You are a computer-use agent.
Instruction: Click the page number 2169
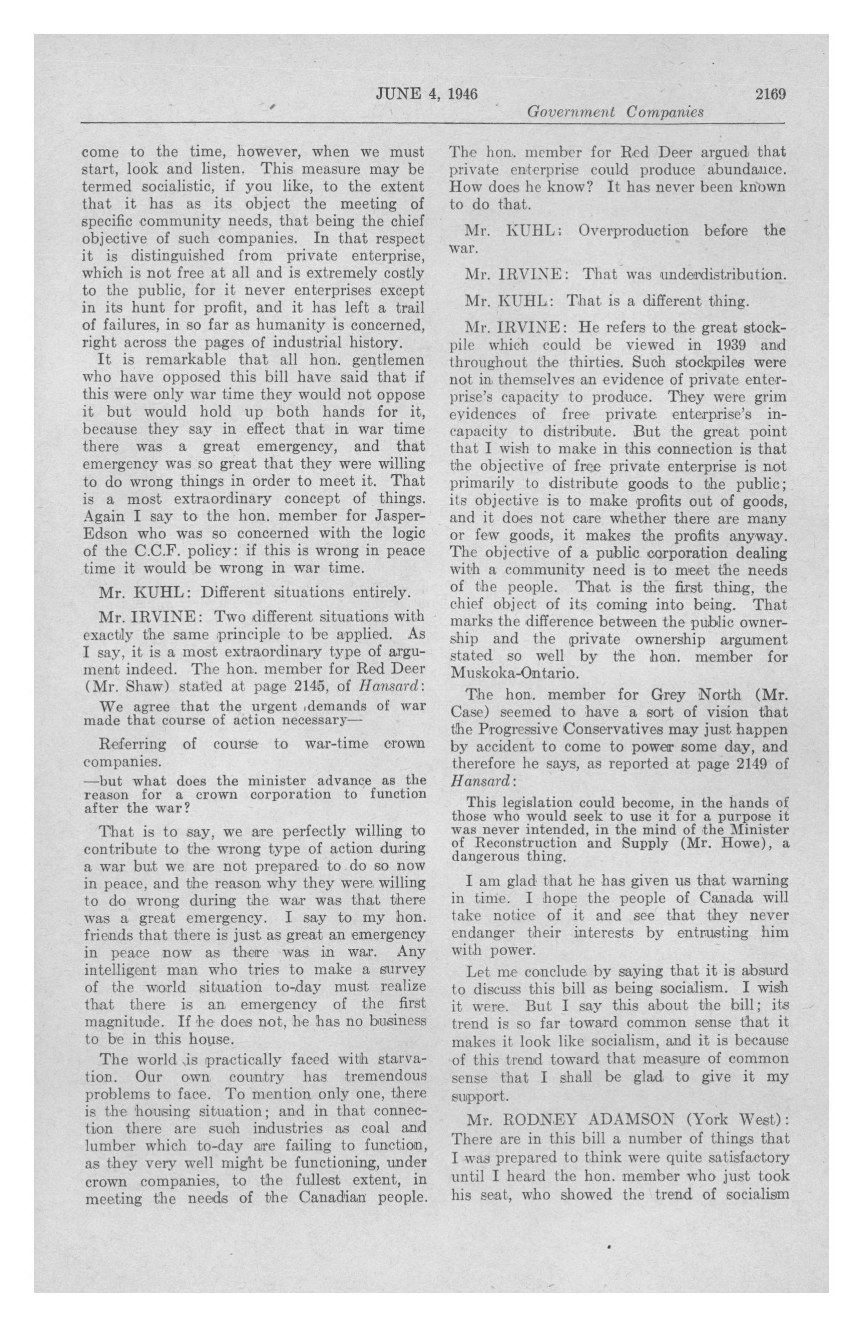pyautogui.click(x=770, y=93)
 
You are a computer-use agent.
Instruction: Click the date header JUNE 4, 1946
pyautogui.click(x=426, y=93)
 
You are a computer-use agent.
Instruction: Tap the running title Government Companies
pyautogui.click(x=615, y=112)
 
